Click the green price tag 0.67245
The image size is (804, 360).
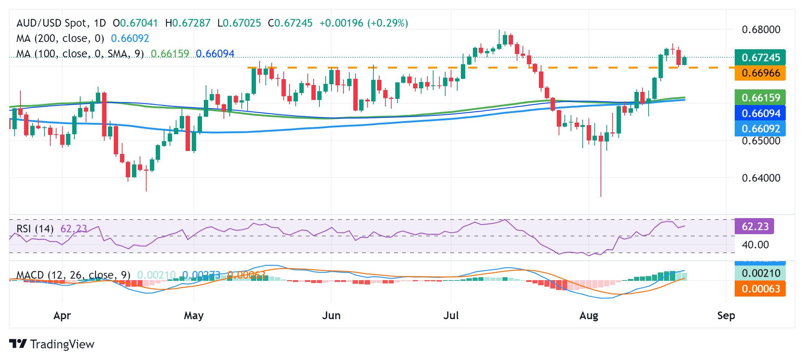point(760,57)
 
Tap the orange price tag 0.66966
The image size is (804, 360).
point(760,73)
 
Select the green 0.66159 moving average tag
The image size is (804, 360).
point(760,97)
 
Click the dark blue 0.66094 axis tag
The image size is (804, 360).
point(760,113)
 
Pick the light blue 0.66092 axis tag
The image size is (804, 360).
point(760,128)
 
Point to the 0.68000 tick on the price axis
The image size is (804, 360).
point(761,30)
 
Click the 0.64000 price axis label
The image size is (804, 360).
point(761,178)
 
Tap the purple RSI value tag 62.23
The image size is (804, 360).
point(754,227)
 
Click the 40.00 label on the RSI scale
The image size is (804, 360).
point(755,245)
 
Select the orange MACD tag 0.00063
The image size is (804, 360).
point(760,289)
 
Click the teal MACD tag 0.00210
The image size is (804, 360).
point(760,273)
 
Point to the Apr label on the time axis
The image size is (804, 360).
point(62,316)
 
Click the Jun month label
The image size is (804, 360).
point(331,316)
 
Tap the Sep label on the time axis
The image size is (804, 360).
point(726,316)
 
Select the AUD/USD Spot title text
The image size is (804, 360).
point(53,23)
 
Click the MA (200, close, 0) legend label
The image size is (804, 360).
point(60,38)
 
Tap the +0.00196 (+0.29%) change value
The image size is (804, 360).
point(364,23)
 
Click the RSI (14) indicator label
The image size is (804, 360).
point(35,229)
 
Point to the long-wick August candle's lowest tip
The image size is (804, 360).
point(601,196)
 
